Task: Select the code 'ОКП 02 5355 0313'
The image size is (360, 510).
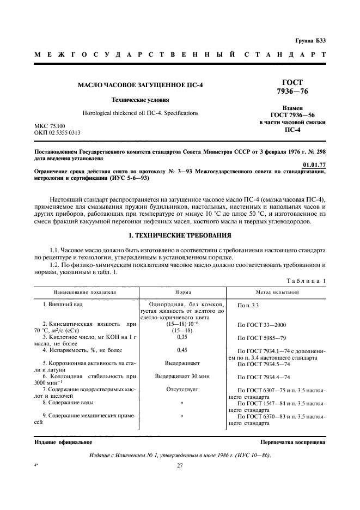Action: pyautogui.click(x=57, y=132)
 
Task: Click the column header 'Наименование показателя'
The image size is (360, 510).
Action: pyautogui.click(x=85, y=292)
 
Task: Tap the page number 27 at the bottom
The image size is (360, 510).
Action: pyautogui.click(x=180, y=465)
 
